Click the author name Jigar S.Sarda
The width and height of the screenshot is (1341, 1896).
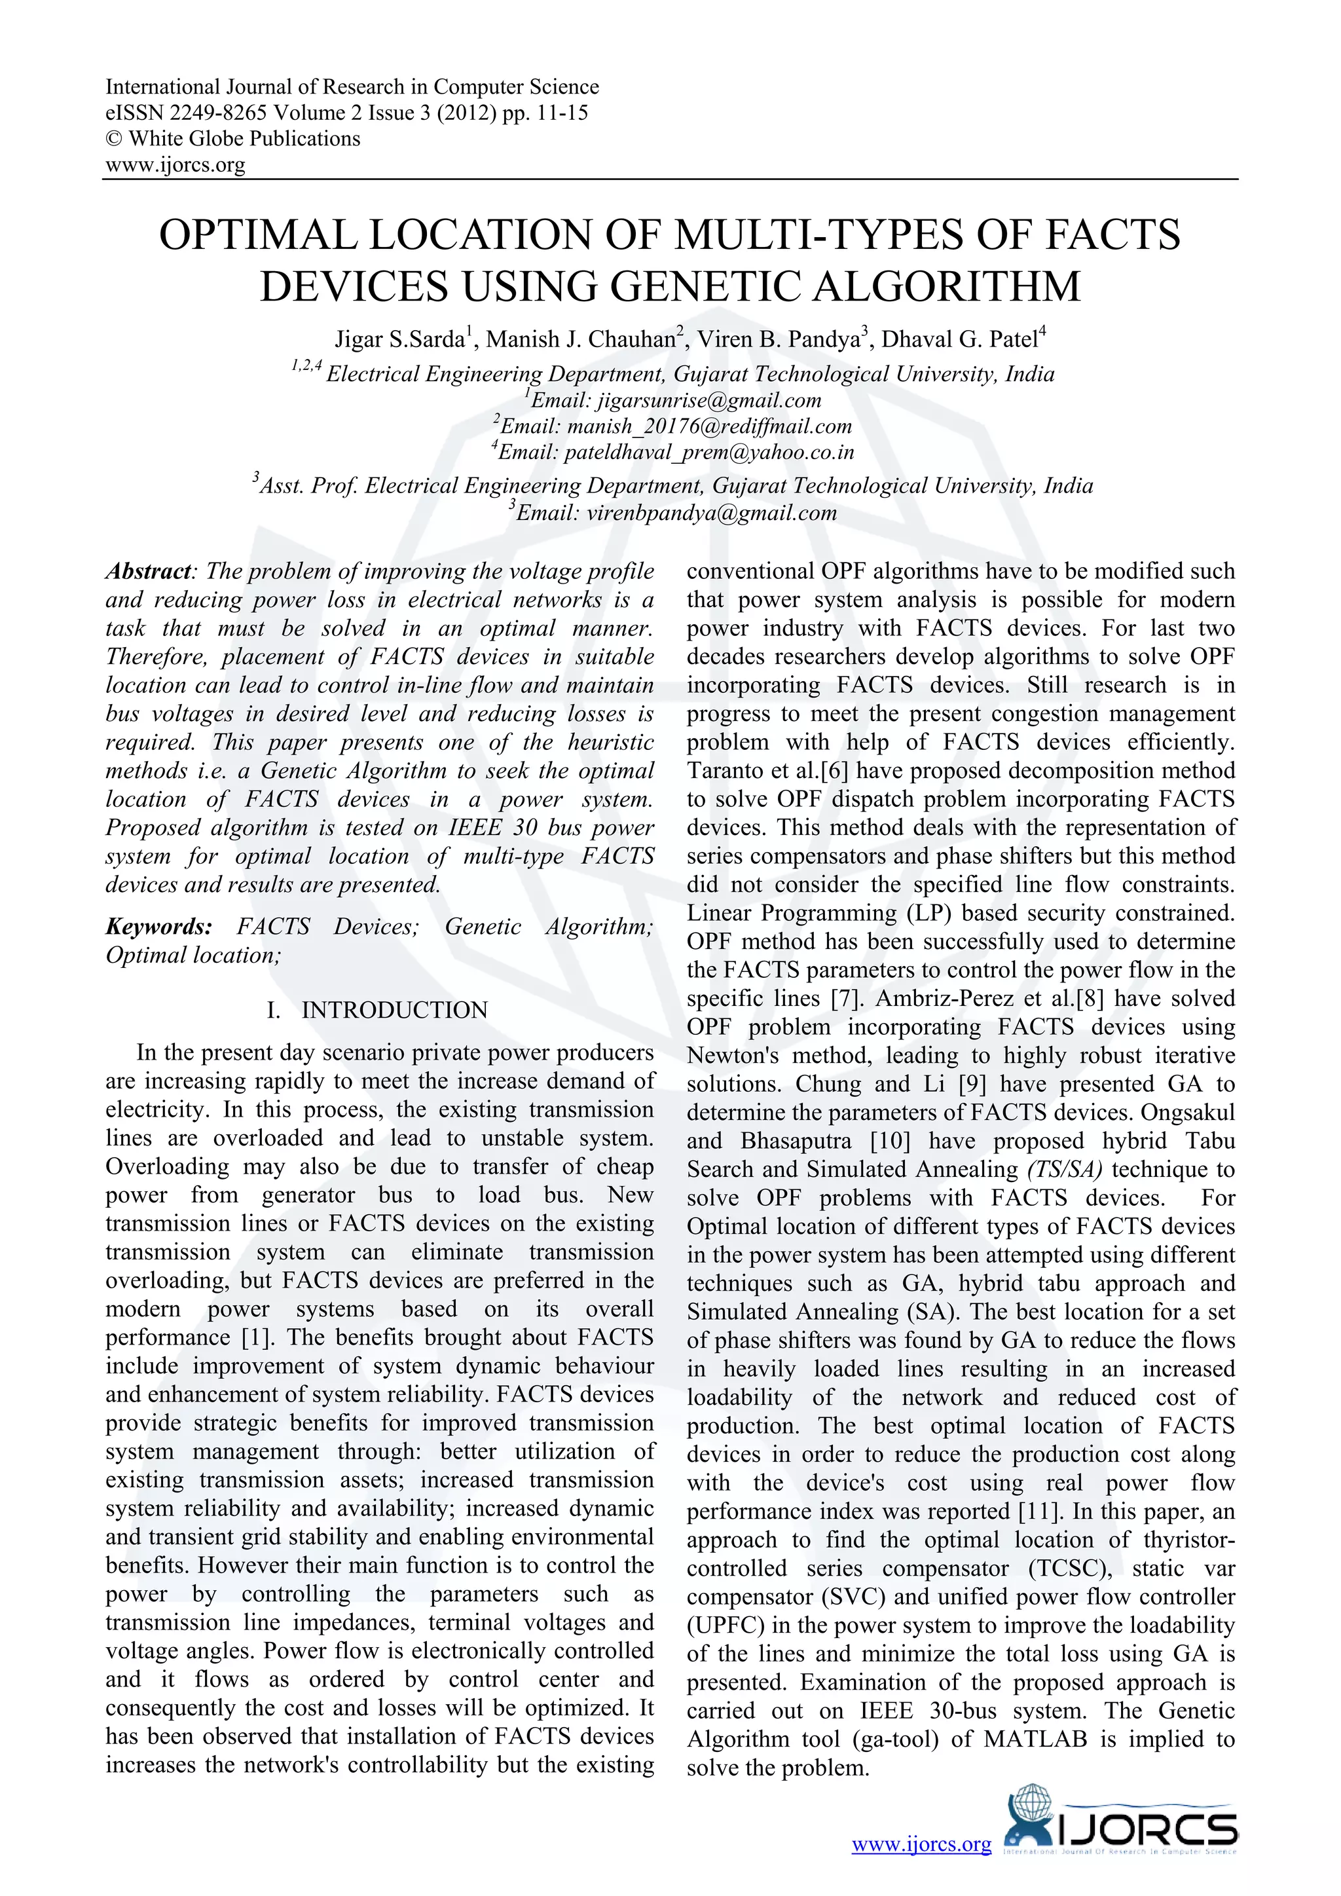click(x=399, y=339)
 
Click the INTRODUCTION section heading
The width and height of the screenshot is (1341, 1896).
click(x=394, y=1010)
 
